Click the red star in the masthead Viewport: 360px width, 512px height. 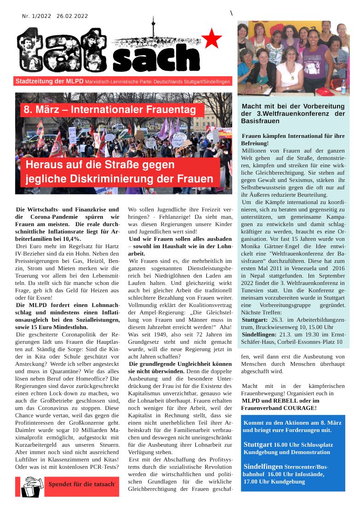click(212, 39)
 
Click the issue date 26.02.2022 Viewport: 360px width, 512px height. click(72, 16)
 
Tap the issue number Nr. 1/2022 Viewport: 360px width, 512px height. click(36, 16)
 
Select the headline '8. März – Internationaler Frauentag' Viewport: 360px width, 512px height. click(113, 110)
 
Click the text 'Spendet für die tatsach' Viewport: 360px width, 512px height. click(81, 484)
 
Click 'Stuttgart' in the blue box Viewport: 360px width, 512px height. click(258, 445)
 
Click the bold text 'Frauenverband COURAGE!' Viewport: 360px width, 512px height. click(279, 408)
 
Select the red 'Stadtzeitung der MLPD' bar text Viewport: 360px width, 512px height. click(49, 81)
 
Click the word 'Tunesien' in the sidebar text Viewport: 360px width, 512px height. click(254, 283)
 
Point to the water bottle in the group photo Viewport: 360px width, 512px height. click(343, 86)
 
